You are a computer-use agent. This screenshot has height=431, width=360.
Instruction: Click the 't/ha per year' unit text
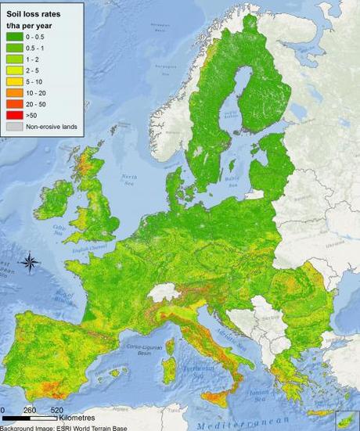pos(32,25)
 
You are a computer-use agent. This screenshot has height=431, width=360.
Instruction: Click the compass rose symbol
pos(28,263)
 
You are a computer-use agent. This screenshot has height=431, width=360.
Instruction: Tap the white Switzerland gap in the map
pos(164,293)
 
